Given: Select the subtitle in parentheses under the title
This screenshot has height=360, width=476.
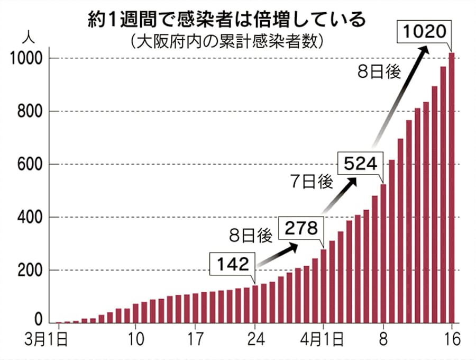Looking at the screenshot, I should click(x=227, y=41).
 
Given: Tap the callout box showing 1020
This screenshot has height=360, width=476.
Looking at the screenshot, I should click(x=426, y=33).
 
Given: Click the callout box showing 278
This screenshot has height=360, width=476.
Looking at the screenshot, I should click(x=300, y=228).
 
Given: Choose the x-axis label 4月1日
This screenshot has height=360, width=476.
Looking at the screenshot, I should click(x=325, y=338).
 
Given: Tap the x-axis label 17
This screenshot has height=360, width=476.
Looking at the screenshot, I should click(x=196, y=338).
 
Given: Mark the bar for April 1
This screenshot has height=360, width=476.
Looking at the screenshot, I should click(x=324, y=286).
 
